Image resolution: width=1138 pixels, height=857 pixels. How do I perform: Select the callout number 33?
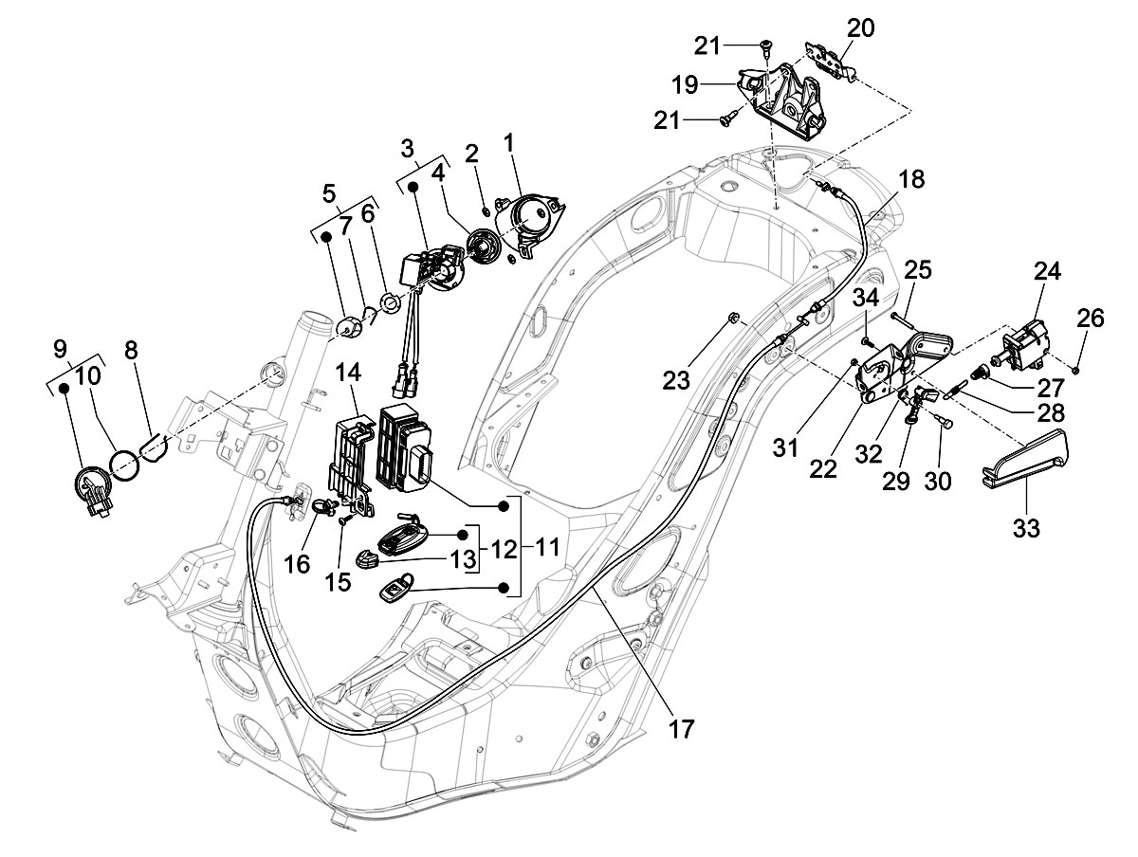click(x=1025, y=527)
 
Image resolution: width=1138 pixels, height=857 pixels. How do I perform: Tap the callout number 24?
click(x=1046, y=272)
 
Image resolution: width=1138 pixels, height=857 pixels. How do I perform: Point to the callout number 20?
click(x=860, y=28)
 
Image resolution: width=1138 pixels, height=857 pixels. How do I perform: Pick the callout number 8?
click(x=131, y=350)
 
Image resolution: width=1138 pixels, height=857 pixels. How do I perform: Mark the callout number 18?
click(x=911, y=180)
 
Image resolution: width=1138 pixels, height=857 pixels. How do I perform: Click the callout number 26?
click(x=1091, y=319)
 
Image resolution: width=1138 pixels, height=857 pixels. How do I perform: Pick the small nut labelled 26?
click(x=1079, y=367)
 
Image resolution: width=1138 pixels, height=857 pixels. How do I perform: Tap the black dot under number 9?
click(x=64, y=387)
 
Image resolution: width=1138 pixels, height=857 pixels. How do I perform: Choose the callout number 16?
click(x=297, y=564)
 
